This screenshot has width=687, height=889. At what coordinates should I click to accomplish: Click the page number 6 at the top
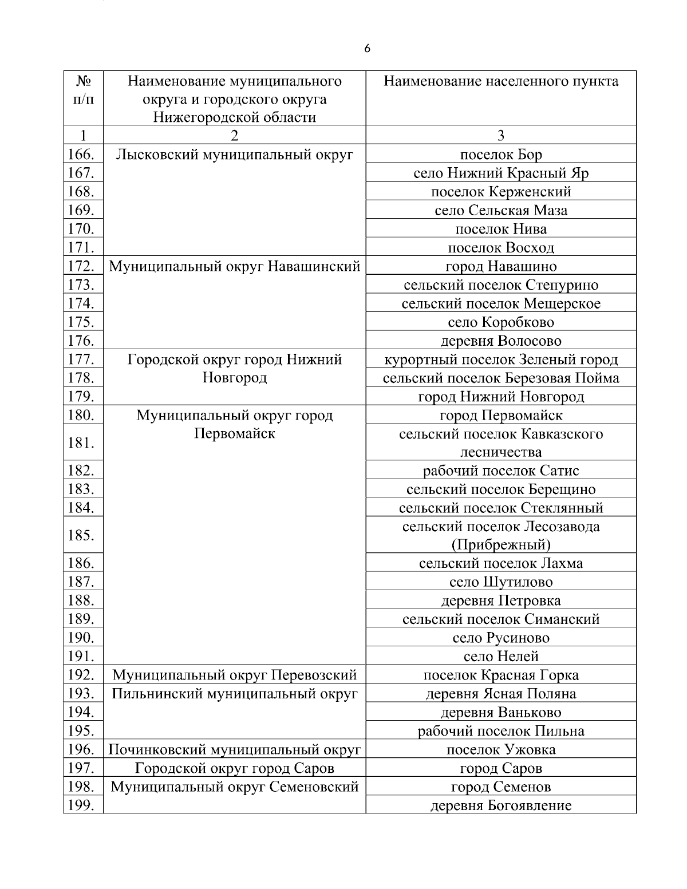click(x=367, y=49)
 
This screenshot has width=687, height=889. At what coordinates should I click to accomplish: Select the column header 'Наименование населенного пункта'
click(x=500, y=81)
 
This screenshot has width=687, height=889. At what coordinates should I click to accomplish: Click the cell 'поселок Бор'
click(x=500, y=155)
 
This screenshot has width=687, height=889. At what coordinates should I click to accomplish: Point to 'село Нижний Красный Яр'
click(x=500, y=173)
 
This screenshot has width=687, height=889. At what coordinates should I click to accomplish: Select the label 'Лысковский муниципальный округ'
click(x=234, y=155)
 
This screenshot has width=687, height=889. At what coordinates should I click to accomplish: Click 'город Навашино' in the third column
click(x=500, y=266)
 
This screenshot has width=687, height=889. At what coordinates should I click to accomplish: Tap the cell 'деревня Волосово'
click(x=500, y=341)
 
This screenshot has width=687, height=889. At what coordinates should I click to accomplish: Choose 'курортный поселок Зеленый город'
click(x=500, y=359)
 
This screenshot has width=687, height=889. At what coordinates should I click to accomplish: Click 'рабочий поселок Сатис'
click(x=500, y=471)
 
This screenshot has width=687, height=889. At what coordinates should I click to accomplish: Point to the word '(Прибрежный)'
click(x=500, y=544)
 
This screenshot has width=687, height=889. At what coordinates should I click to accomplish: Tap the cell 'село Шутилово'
click(x=500, y=582)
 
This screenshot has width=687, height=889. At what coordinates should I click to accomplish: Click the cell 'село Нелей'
click(x=500, y=656)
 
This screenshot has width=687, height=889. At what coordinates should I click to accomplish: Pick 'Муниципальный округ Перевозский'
click(x=234, y=675)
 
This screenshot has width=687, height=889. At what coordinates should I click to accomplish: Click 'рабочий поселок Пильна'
click(x=500, y=731)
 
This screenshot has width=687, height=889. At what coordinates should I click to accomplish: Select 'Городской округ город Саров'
click(x=234, y=768)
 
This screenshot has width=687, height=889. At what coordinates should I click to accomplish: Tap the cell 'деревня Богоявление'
click(x=500, y=805)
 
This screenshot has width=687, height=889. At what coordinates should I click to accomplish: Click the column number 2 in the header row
click(x=234, y=135)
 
